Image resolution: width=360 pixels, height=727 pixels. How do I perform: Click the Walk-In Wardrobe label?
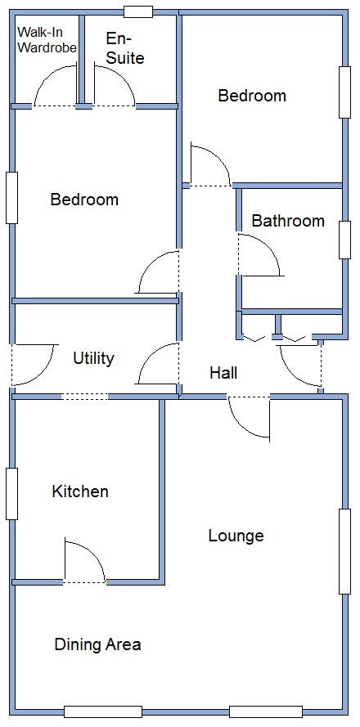47,40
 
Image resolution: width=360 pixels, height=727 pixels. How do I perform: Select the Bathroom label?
287,221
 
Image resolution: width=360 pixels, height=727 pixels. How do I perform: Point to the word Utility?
93,358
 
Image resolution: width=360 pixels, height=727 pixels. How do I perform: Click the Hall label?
223,373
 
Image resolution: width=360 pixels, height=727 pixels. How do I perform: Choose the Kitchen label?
80,491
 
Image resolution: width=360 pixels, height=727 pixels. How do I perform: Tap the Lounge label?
236,536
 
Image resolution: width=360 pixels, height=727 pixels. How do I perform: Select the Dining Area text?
97,644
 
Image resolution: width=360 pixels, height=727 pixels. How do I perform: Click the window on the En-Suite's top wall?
137,11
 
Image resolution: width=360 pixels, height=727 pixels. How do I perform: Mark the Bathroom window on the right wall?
344,240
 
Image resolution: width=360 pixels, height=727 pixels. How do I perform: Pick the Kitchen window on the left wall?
11,493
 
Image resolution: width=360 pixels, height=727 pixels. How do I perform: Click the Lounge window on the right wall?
344,550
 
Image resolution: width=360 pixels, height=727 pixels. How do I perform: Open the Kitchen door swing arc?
84,563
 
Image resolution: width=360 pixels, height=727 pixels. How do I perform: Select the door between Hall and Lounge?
249,418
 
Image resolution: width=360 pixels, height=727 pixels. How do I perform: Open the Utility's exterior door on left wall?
33,365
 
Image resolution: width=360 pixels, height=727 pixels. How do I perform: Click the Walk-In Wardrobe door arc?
55,87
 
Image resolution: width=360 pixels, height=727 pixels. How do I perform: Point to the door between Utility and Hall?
158,364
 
